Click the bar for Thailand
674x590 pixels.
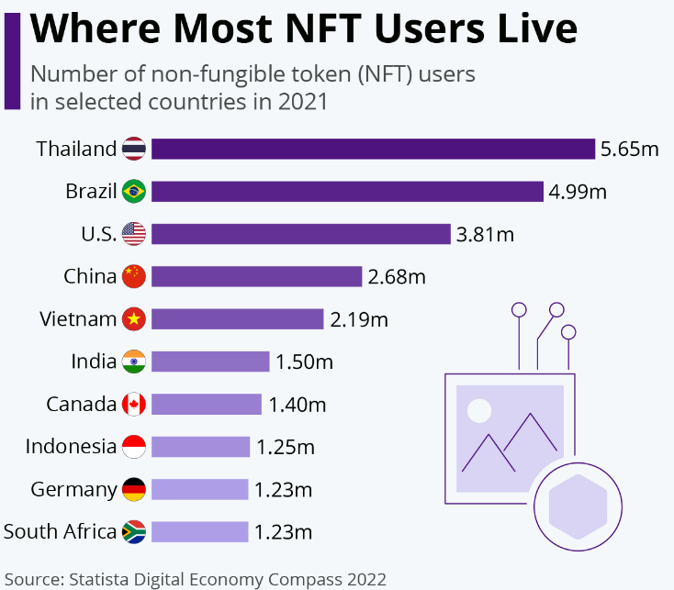(x=373, y=149)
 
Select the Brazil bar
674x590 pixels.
(x=347, y=192)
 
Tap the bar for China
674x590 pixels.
(x=256, y=276)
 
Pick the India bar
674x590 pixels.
(x=210, y=362)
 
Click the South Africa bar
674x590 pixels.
(x=200, y=532)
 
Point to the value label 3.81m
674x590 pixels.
(x=485, y=235)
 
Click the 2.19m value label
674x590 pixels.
(x=359, y=319)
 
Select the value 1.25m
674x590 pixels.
(x=286, y=447)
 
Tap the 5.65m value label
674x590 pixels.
(x=629, y=149)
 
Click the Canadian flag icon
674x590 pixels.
(x=134, y=404)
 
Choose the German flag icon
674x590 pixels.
(x=134, y=489)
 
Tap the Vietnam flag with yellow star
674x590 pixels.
(x=134, y=319)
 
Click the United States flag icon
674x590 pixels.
(x=134, y=234)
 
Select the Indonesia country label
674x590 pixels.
(x=71, y=447)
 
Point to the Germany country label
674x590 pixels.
(x=73, y=490)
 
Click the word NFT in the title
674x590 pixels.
(x=323, y=28)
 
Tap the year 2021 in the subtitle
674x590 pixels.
(x=303, y=102)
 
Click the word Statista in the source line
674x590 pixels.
(x=99, y=579)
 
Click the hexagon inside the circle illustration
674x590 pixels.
(x=579, y=507)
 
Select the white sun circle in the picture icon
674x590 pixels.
(x=479, y=411)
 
